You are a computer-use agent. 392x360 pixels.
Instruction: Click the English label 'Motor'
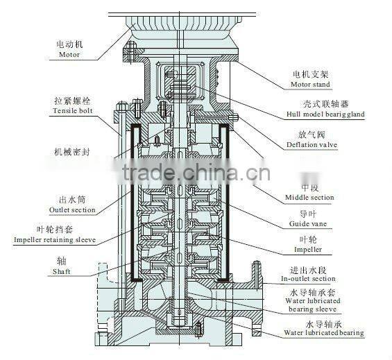(x=69, y=54)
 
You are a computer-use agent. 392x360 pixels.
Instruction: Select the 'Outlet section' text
(x=72, y=209)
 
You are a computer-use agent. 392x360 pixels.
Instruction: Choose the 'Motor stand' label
(x=310, y=85)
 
